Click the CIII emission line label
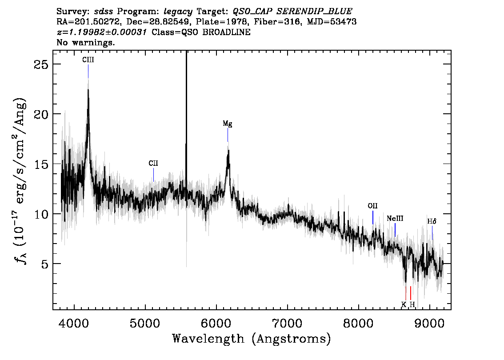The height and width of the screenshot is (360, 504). tap(88, 60)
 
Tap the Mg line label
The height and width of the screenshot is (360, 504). tap(228, 124)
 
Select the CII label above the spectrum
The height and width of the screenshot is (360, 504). tap(153, 163)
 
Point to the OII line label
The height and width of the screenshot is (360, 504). tap(372, 206)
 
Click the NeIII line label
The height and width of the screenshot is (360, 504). tap(395, 219)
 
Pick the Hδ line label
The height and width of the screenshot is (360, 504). tap(432, 221)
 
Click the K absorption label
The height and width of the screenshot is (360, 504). tap(404, 304)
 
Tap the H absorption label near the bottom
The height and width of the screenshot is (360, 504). tap(412, 304)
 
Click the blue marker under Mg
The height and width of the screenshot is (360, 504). tap(228, 135)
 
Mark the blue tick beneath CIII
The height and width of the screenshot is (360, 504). tap(88, 71)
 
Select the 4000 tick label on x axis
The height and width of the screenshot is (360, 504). tap(74, 323)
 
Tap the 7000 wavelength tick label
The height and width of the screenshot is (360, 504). tap(287, 323)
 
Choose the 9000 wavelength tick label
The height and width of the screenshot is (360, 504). tap(429, 323)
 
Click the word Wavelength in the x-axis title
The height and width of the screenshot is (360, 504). tap(208, 339)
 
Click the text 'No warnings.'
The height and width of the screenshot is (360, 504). tap(85, 42)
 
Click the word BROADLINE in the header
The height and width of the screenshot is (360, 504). tap(226, 32)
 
